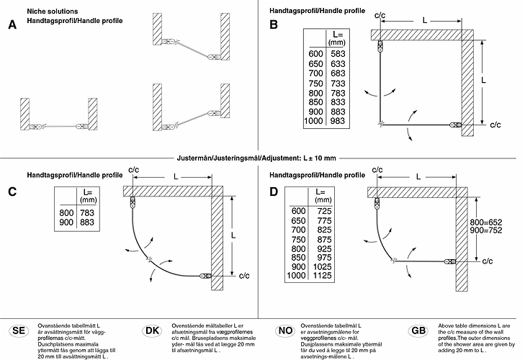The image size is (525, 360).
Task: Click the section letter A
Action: click(x=12, y=25)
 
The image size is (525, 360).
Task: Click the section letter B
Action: click(x=274, y=25)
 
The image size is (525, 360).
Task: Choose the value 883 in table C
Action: click(x=89, y=223)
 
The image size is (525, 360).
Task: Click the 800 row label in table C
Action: click(x=66, y=214)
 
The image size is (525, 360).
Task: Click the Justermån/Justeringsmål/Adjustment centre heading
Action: click(x=256, y=158)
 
